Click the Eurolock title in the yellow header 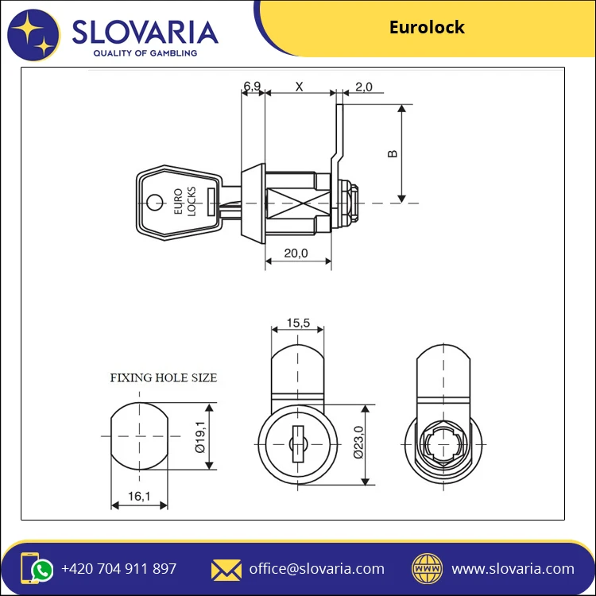click(x=427, y=28)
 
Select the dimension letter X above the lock click(x=299, y=87)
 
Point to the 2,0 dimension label click(x=364, y=87)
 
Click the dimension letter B click(x=393, y=153)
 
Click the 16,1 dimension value click(x=138, y=496)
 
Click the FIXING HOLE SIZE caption click(x=163, y=377)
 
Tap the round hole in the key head click(x=155, y=203)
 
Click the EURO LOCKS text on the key click(x=184, y=203)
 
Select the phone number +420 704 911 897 click(x=118, y=569)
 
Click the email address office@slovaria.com click(x=316, y=569)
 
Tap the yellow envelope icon click(x=226, y=569)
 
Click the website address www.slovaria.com click(x=513, y=569)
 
